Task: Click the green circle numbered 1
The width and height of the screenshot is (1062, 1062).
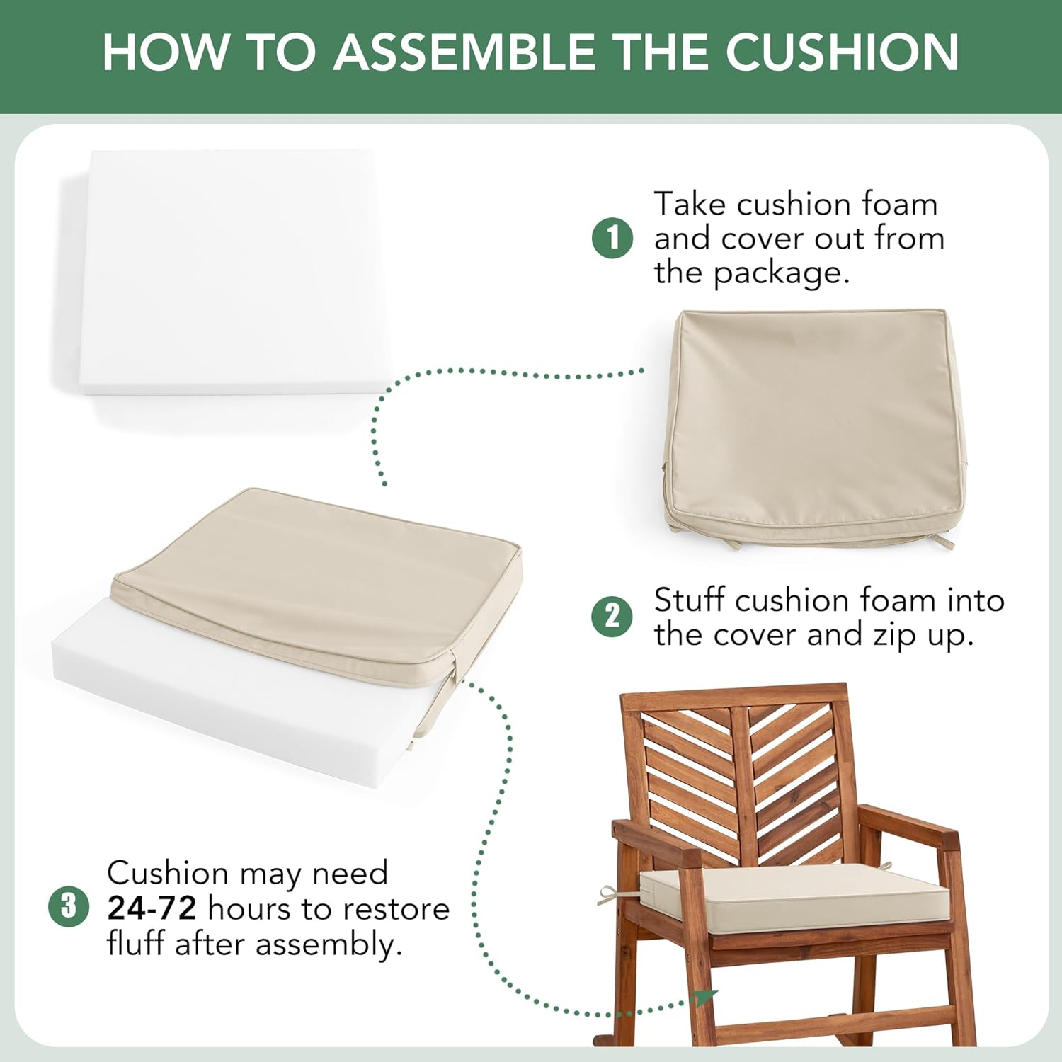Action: pos(612,238)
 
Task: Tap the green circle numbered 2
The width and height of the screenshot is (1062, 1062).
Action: pos(612,616)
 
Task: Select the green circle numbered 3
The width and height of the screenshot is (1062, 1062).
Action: pos(69,907)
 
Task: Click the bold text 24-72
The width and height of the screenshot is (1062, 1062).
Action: pos(152,908)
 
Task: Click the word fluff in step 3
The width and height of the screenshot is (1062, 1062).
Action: pos(137,943)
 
